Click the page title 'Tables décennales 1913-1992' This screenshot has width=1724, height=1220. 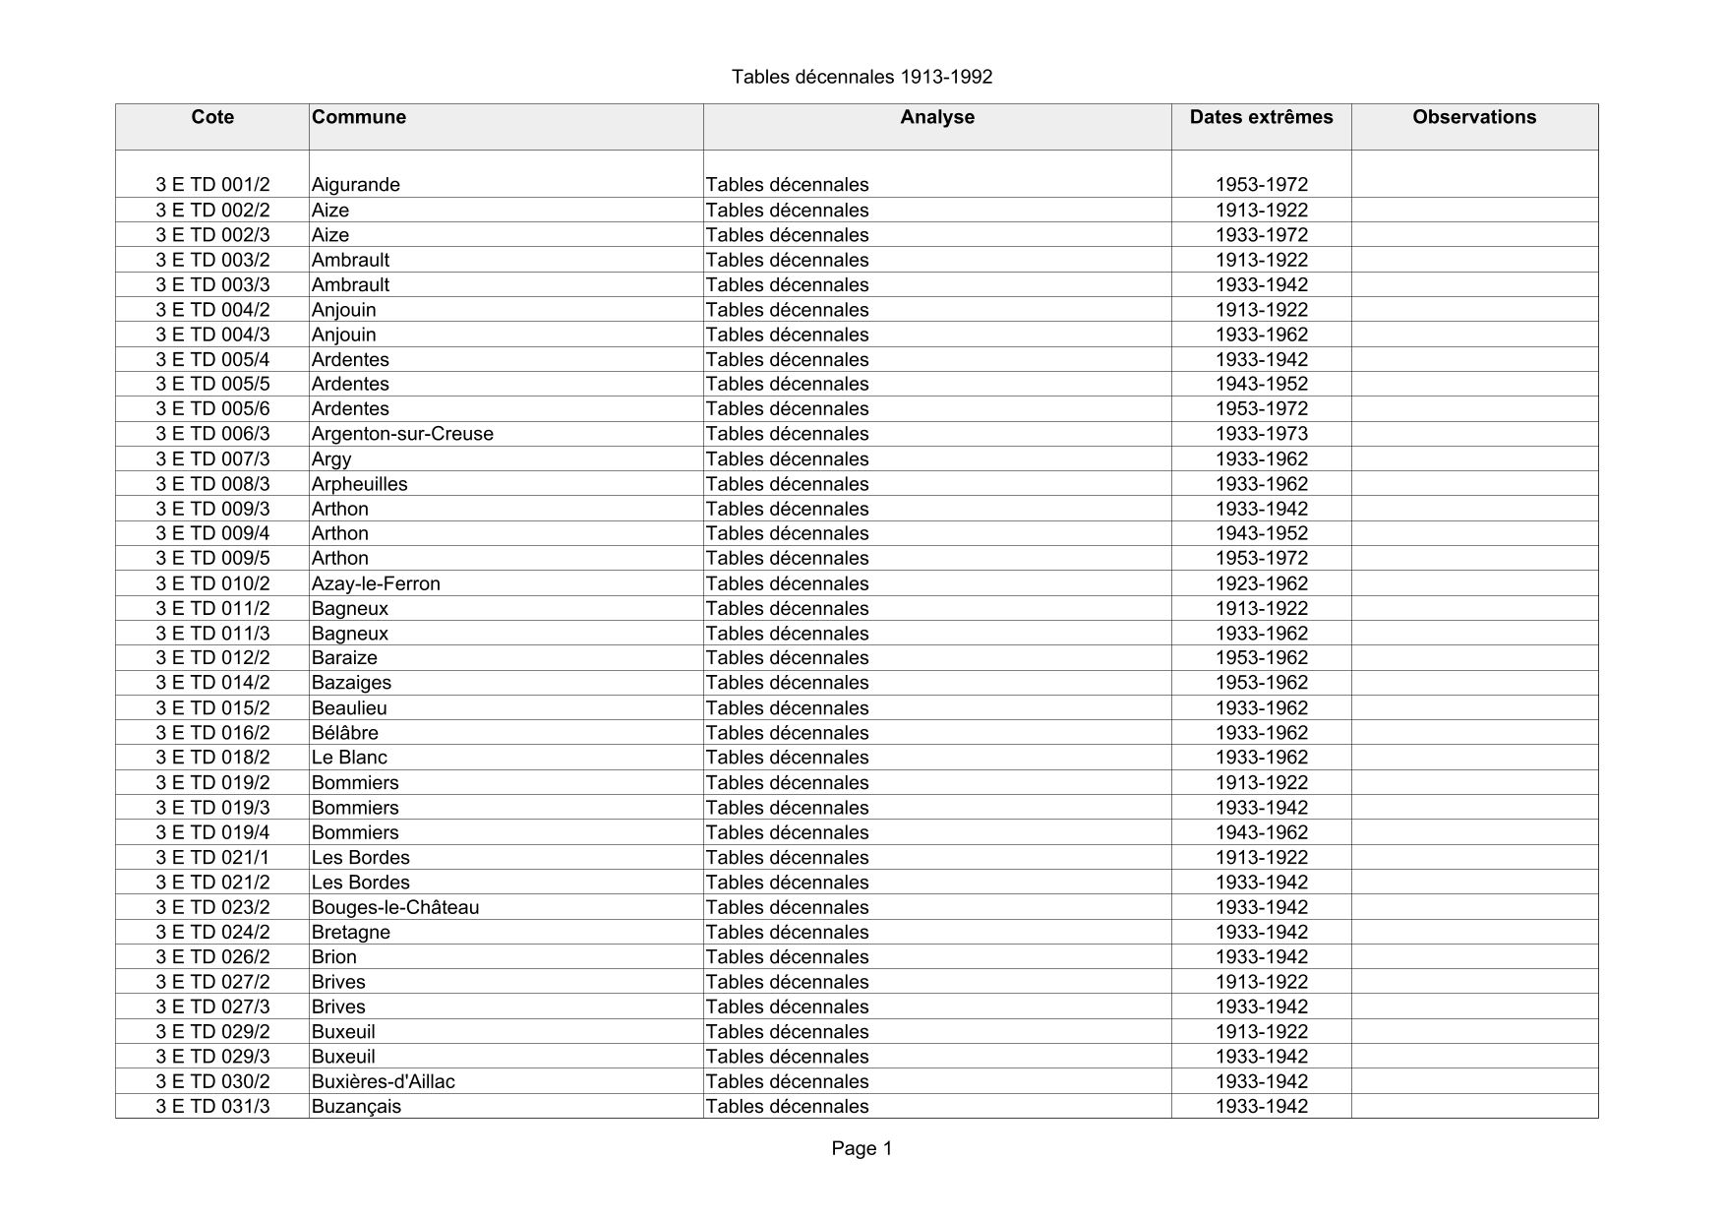click(862, 77)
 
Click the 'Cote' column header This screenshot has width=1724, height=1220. click(212, 117)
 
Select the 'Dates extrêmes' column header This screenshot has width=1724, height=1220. click(1261, 117)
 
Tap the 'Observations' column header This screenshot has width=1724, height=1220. click(1473, 117)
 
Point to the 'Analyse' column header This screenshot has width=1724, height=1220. click(936, 117)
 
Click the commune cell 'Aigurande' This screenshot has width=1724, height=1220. click(355, 185)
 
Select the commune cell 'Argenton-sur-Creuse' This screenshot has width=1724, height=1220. click(402, 434)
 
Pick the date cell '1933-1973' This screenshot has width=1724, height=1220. click(1261, 434)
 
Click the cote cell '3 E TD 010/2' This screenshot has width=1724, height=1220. click(212, 583)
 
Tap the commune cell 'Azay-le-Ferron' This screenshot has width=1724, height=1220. click(376, 583)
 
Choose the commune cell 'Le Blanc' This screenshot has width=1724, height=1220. click(349, 758)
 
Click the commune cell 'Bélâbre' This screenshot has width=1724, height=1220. click(344, 733)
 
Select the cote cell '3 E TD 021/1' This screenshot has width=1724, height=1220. click(212, 857)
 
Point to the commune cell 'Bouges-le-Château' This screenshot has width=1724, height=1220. click(395, 907)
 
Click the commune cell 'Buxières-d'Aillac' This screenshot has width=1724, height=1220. click(383, 1081)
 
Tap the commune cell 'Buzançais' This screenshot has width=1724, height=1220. click(356, 1106)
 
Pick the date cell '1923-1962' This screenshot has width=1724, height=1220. click(1261, 583)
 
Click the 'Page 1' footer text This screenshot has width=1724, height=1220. click(862, 1148)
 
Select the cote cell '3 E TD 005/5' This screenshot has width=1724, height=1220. click(212, 384)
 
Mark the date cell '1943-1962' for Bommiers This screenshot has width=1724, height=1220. click(1261, 832)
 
